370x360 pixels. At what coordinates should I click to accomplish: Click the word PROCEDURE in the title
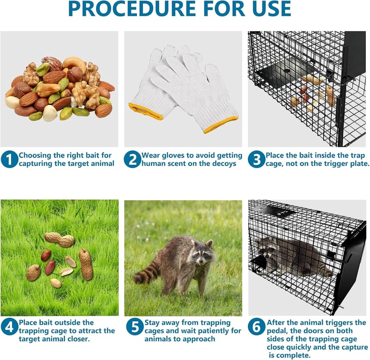click(132, 9)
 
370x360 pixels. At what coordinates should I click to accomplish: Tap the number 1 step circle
click(9, 159)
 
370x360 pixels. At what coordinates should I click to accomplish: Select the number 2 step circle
click(133, 159)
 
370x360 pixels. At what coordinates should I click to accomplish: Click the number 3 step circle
click(257, 159)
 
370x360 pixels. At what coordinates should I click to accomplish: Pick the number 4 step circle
click(9, 327)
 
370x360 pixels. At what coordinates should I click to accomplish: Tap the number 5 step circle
click(135, 327)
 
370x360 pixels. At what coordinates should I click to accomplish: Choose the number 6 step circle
click(257, 327)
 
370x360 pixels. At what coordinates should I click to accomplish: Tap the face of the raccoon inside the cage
click(267, 249)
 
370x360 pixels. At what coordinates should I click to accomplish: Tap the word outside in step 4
click(67, 322)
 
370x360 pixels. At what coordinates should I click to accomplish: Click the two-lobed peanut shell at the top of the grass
click(60, 239)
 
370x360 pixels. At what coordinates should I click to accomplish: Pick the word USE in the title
click(271, 9)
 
